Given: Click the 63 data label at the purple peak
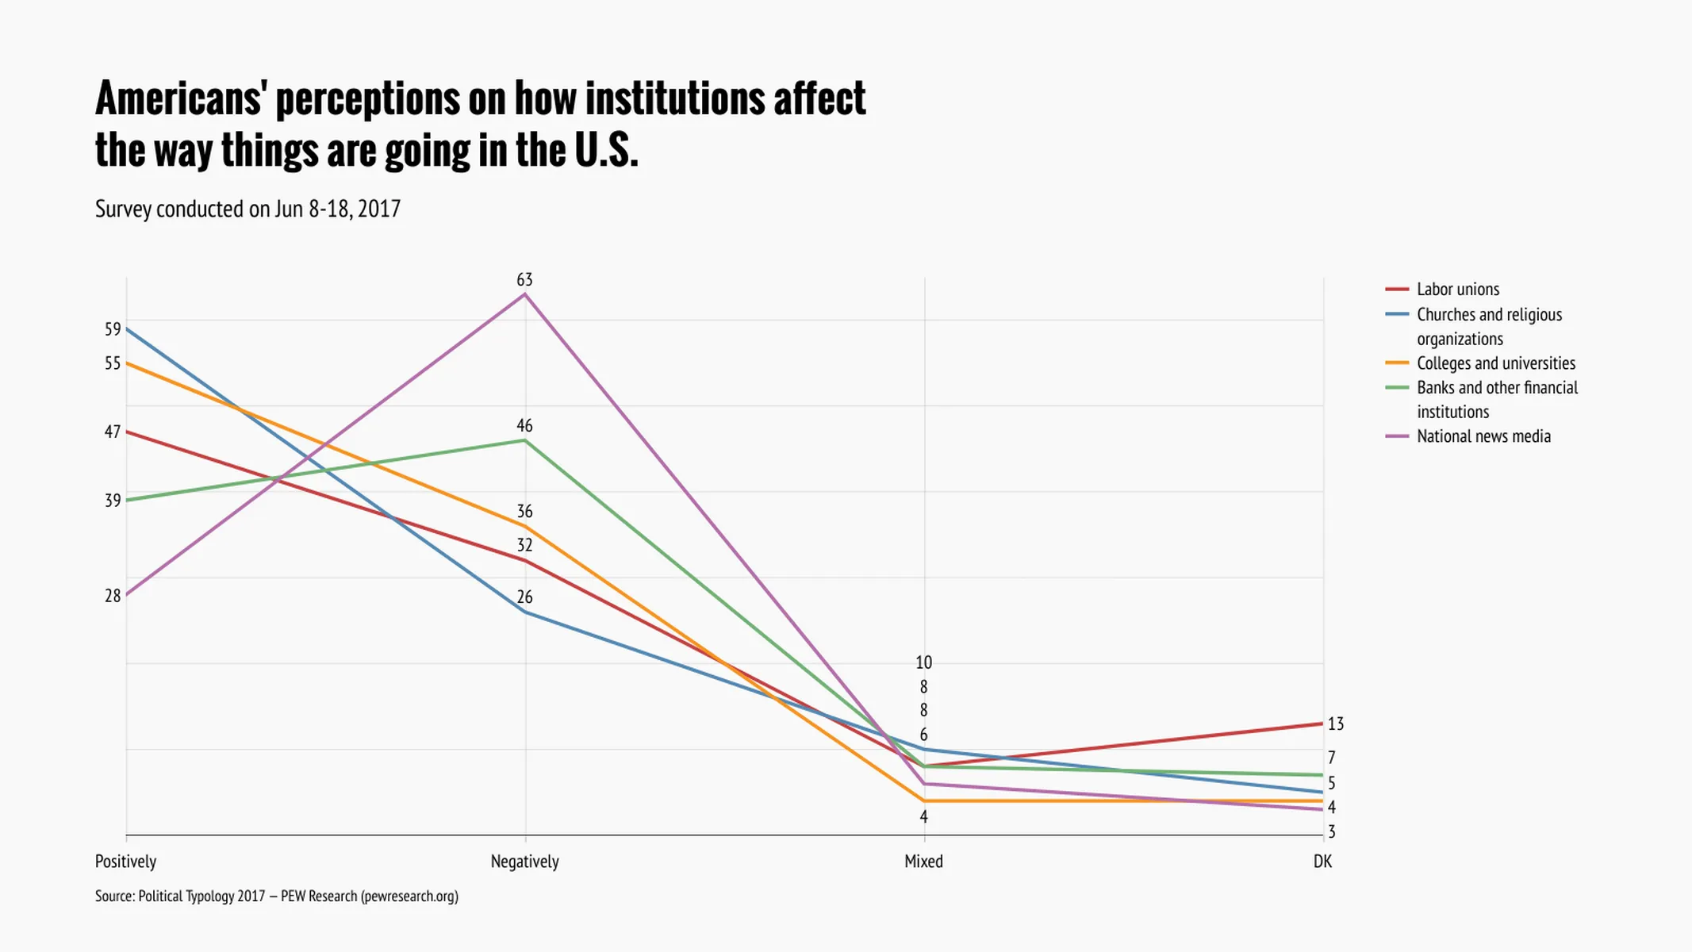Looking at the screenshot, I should pos(524,280).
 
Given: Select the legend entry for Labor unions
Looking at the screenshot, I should pos(1457,290).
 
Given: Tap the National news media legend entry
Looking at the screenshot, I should pos(1483,436).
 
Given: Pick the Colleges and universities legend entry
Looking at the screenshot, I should pos(1495,363).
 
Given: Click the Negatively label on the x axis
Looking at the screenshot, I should pos(524,862).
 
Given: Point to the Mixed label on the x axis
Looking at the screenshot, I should pos(923,862).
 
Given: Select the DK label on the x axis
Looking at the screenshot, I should pos(1322,862).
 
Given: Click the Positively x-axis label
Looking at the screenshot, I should pos(125,862).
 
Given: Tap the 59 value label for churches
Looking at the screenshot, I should pos(113,329).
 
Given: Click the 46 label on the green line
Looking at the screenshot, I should pos(524,426).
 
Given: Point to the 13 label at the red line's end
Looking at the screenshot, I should pos(1335,724).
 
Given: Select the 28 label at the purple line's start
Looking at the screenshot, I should pos(113,596).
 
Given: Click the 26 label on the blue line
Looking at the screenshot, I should pos(524,597).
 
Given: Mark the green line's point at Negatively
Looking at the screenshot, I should pos(524,440).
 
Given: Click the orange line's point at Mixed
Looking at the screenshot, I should pos(924,800).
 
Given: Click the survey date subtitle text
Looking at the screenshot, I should pos(247,209).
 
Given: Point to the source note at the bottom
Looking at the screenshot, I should pos(276,896).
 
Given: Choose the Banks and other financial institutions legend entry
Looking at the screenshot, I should pos(1496,399).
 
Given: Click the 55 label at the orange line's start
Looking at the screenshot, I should pos(113,363).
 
